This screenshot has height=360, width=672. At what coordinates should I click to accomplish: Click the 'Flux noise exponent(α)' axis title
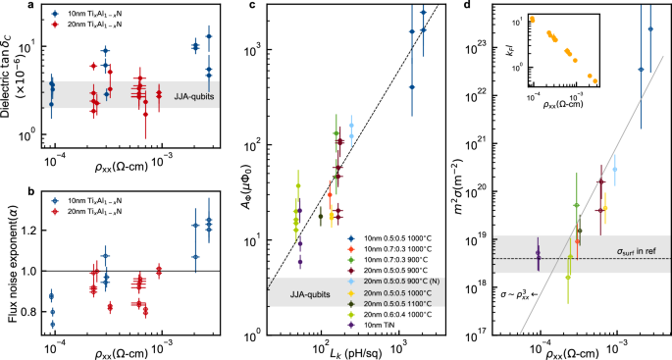click(10, 265)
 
